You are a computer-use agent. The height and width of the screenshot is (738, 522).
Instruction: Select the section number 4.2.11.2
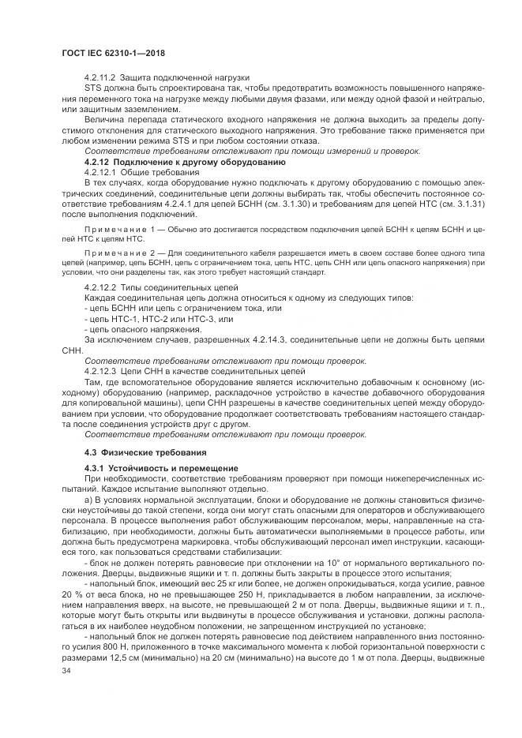click(x=101, y=77)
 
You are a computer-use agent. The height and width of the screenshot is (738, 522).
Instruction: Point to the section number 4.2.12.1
click(x=101, y=171)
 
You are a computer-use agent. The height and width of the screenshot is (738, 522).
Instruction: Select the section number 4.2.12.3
click(x=101, y=369)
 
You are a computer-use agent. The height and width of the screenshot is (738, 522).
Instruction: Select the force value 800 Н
click(x=117, y=634)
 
